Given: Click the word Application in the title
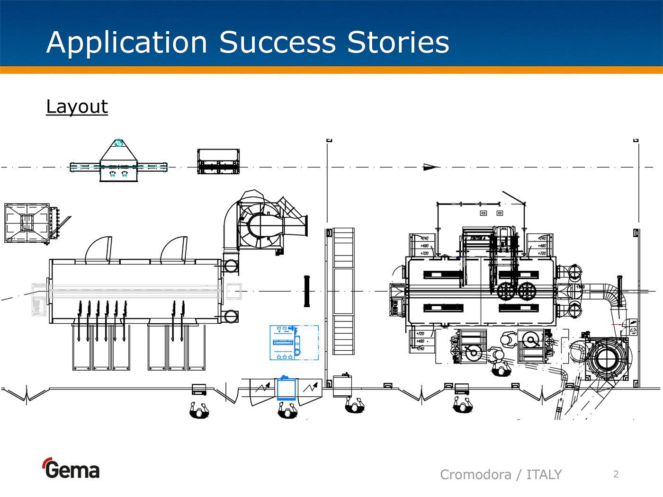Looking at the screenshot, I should pos(127,43).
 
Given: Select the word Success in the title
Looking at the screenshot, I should pos(278,43).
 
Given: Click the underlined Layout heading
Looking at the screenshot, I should pos(77,106).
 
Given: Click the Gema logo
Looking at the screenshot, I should pos(71,469).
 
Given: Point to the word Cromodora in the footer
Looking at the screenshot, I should pos(475,474).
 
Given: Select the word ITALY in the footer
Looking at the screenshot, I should pos(544,474).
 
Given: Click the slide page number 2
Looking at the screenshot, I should pos(616,474).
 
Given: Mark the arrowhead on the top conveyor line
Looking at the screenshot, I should pos(430,167).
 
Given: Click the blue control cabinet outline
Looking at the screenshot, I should pos(294,343).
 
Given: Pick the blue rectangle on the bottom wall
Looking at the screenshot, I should pos(286,388).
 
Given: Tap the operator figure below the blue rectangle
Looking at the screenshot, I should pos(287,410).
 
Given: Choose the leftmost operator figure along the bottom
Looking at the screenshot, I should pos(199,410).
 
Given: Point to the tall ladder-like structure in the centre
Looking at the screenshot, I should pos(343,291).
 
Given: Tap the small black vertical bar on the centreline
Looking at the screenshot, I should pos(307,291).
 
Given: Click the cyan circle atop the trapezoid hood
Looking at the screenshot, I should pos(119,143).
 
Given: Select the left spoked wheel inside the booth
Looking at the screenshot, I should pos(505,291).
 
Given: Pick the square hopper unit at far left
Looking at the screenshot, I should pos(27,223).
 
